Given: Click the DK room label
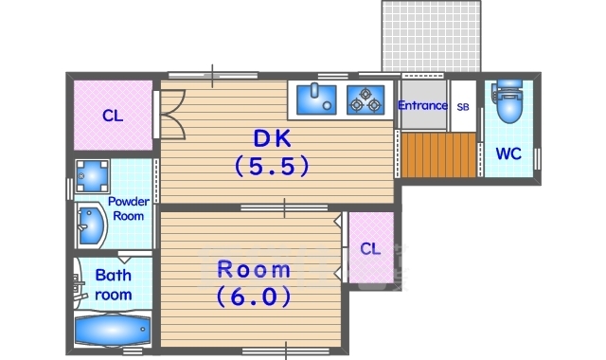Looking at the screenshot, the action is click(272, 138).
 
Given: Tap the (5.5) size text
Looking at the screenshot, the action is click(272, 166).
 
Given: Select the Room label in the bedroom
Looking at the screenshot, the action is click(254, 269).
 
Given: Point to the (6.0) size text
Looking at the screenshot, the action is click(254, 297).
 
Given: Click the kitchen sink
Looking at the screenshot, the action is click(316, 99).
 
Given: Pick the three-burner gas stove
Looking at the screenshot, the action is click(365, 99).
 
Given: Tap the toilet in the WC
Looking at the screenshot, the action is click(508, 101).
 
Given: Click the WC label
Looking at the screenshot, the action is click(508, 153).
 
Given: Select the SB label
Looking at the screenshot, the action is click(463, 107).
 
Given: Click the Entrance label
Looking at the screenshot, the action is click(422, 105).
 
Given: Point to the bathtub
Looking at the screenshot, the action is click(113, 330).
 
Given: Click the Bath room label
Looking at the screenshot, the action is click(114, 285).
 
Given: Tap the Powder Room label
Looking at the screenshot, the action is click(129, 208).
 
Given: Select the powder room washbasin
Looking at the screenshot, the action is click(92, 225).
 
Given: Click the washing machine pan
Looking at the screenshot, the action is click(92, 176).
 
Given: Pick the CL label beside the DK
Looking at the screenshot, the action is click(113, 116).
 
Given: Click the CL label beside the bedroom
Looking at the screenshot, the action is click(370, 248).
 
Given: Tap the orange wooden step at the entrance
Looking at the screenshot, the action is click(438, 155).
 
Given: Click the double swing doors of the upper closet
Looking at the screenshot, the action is click(172, 115).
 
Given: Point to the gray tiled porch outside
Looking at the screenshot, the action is click(432, 36).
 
